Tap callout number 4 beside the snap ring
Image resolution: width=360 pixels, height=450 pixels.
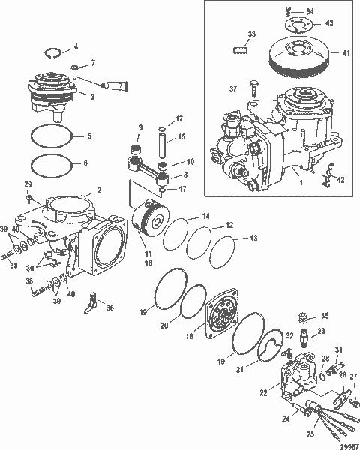(x=74, y=47)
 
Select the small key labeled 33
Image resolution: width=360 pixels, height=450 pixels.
(x=241, y=50)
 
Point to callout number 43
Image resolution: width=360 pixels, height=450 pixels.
(x=331, y=24)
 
